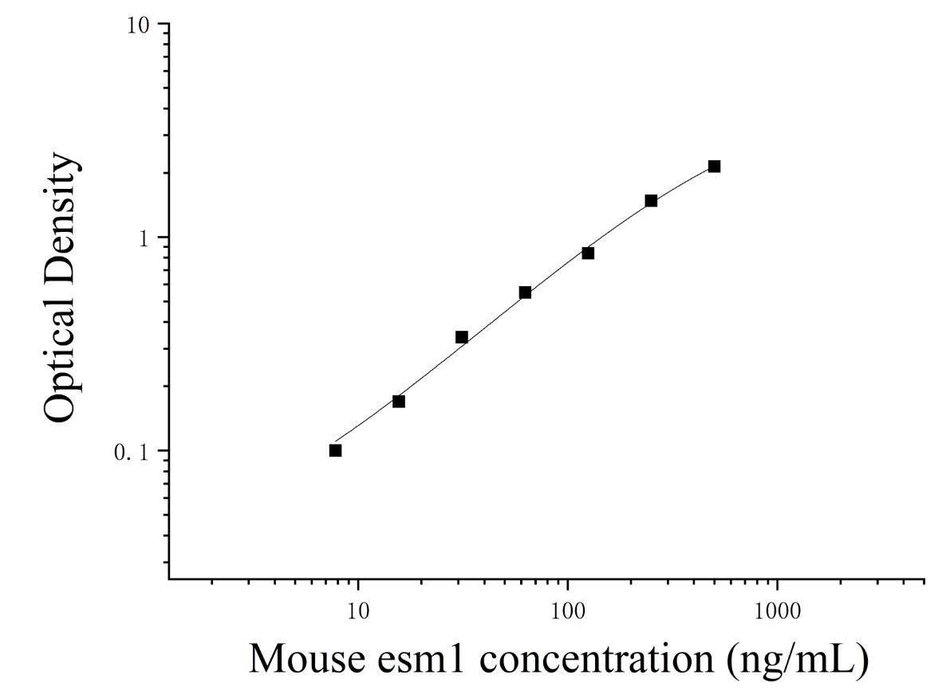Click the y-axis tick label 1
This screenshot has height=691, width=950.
pos(144,238)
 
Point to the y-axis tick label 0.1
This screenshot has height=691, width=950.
pos(132,452)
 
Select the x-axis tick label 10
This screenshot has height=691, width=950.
pos(359,611)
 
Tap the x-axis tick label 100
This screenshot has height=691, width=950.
pos(568,611)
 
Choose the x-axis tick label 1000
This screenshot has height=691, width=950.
pos(778,611)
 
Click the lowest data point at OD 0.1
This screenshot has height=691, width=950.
pos(336,450)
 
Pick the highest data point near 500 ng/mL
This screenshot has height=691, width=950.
pos(715,167)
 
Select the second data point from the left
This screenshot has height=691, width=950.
pos(399,402)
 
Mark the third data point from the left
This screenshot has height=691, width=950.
pos(462,337)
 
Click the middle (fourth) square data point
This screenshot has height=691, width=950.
pos(526,293)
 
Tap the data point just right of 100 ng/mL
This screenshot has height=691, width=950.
pos(588,253)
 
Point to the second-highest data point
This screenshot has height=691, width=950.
pos(652,201)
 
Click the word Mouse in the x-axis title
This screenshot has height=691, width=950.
pos(307,659)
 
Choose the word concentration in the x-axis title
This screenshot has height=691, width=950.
pos(597,659)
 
